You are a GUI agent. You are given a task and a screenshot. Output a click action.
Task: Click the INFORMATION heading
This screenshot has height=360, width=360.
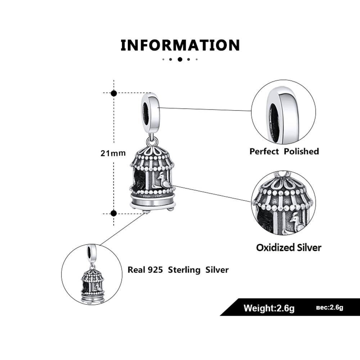pos(180,45)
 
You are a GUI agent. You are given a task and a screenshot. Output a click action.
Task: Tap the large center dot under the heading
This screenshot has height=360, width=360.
pos(180,59)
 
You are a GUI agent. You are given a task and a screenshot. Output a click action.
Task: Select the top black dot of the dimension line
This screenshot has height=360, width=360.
pos(114,93)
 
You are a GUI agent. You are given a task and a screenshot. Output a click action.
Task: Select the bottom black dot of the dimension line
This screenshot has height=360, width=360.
pos(114,213)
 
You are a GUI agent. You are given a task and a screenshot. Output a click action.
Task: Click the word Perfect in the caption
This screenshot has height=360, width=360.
pos(264,151)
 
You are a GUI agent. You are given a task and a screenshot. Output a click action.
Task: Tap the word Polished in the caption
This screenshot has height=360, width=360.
pos(301,151)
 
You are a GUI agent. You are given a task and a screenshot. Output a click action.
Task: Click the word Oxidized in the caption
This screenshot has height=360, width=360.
pos(273,247)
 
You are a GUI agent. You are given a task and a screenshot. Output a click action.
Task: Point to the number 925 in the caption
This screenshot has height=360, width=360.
pos(155,270)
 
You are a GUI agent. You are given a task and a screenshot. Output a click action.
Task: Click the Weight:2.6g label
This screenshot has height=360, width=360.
pos(269,308)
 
